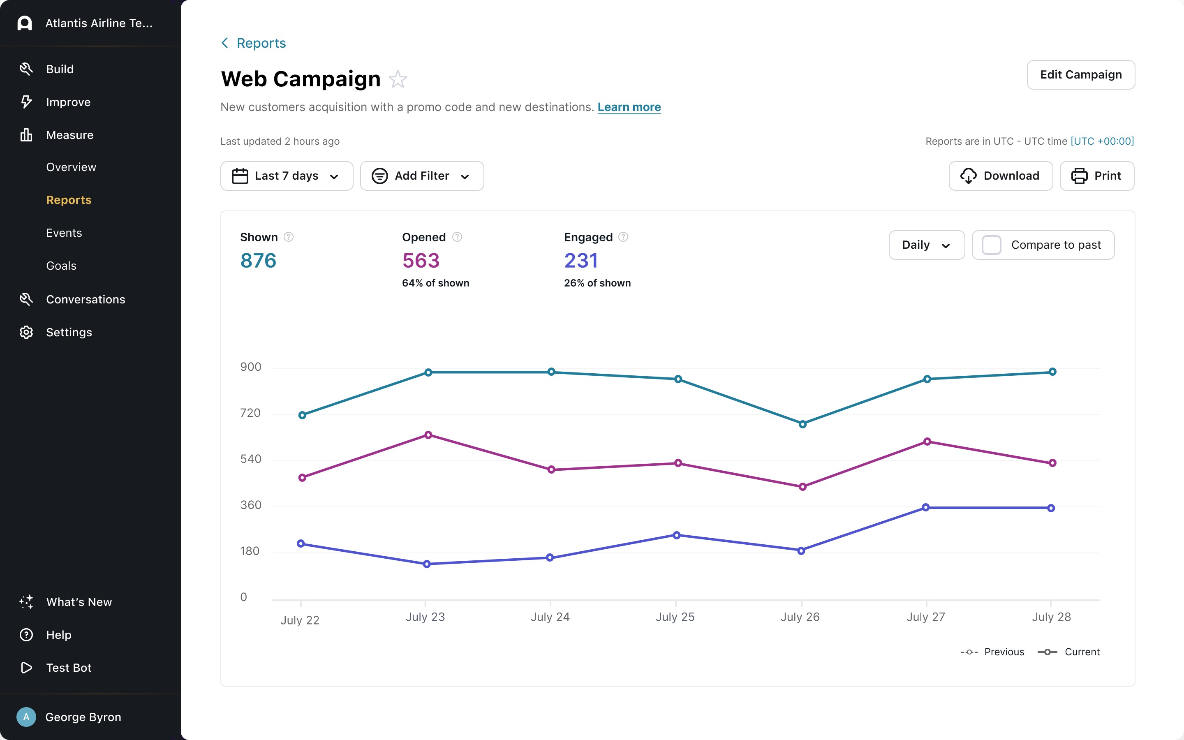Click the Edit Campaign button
1080,75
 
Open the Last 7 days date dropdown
286,176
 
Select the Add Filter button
422,176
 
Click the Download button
1001,176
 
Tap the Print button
1096,176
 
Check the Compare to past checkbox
992,245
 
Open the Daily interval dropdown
926,245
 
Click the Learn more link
629,107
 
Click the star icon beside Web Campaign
398,79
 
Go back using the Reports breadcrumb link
261,43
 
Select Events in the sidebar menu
64,233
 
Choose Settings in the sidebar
69,332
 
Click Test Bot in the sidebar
69,668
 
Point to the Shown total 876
258,260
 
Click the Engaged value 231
581,260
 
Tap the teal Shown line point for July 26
802,424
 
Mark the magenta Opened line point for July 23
428,435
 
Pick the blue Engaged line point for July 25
677,535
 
